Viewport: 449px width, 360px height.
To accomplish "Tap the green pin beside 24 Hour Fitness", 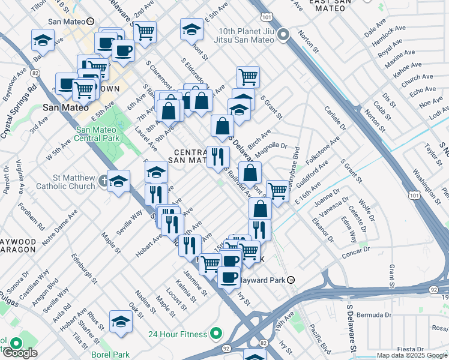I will [214, 334].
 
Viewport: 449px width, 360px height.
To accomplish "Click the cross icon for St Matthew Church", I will [104, 179].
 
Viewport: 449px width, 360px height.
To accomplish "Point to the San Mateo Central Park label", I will [98, 134].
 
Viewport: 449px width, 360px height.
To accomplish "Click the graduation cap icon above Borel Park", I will [121, 322].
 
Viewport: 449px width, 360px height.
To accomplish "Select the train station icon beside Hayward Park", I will [291, 280].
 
